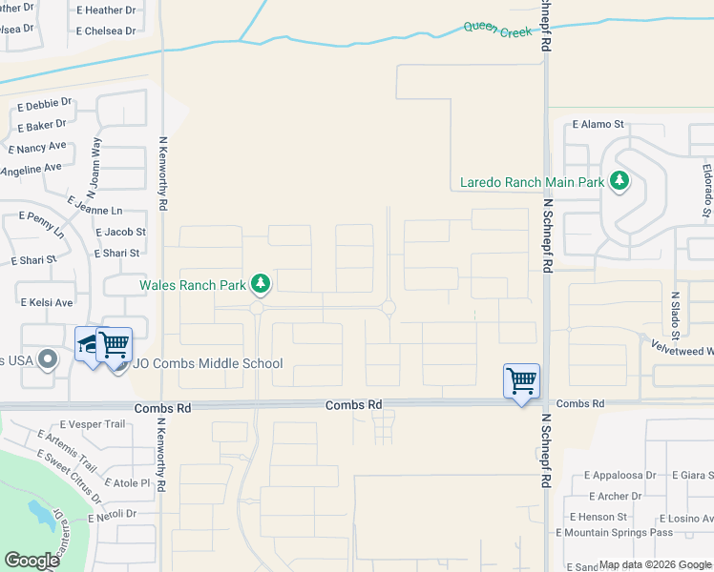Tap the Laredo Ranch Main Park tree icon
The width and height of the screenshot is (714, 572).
pyautogui.click(x=619, y=180)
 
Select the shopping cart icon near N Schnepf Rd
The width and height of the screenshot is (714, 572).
pyautogui.click(x=521, y=381)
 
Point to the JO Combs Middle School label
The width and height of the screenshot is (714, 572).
pyautogui.click(x=208, y=363)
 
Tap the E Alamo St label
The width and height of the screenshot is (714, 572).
pyautogui.click(x=598, y=124)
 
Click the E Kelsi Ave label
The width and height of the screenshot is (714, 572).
pyautogui.click(x=47, y=302)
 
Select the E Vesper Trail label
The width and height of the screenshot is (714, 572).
pyautogui.click(x=92, y=424)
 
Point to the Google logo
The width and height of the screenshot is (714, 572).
pyautogui.click(x=32, y=561)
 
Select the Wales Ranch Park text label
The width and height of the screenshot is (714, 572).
pyautogui.click(x=194, y=284)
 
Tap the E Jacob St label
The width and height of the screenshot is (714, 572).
pyautogui.click(x=120, y=232)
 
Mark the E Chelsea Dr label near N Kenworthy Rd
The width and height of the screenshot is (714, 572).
pyautogui.click(x=107, y=31)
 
